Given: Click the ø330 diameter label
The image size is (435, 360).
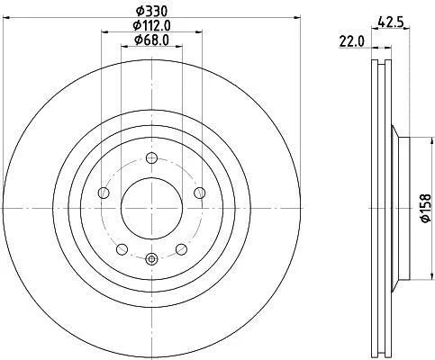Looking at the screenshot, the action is (x=151, y=12).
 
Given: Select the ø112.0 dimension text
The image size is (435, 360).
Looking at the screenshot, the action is (x=151, y=26).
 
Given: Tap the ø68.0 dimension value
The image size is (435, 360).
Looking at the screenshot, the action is (x=151, y=40).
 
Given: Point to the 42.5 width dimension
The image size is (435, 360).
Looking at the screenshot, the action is (x=390, y=22).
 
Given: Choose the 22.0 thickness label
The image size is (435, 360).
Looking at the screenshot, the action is (x=351, y=41).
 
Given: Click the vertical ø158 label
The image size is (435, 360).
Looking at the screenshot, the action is (x=425, y=209).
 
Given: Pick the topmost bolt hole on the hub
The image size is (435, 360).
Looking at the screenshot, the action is (x=151, y=157).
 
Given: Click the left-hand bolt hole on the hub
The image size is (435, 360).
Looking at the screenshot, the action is (x=104, y=193).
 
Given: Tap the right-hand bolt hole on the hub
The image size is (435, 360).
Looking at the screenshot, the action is (x=200, y=193).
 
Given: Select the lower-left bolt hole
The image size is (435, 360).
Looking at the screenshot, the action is (x=122, y=249).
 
